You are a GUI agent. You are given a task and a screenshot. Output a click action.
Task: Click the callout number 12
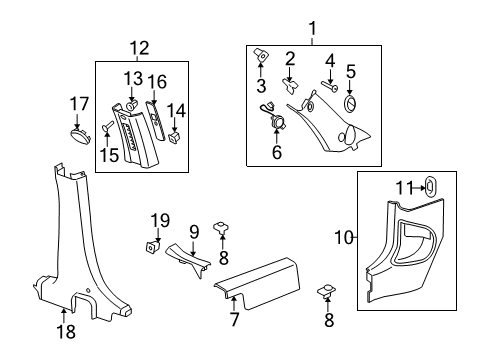(x=139, y=46)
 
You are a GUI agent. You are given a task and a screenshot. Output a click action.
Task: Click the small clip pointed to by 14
(x=176, y=137)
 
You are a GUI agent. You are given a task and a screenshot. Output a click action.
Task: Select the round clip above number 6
(x=278, y=121)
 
